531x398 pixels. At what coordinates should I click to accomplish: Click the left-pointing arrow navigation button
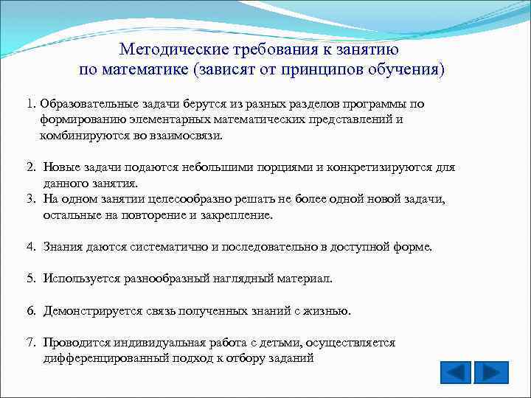[x=455, y=372]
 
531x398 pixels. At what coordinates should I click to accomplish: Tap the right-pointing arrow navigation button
[x=490, y=372]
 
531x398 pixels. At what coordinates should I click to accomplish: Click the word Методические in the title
[x=173, y=49]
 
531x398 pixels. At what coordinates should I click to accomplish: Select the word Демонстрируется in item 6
[x=90, y=310]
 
